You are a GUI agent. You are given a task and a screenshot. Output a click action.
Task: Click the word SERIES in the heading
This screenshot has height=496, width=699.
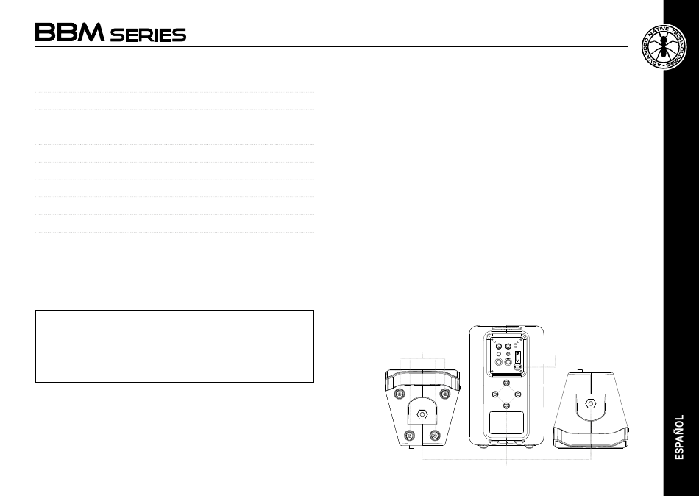(x=148, y=35)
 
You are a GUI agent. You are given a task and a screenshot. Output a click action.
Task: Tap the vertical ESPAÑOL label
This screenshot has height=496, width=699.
(x=681, y=437)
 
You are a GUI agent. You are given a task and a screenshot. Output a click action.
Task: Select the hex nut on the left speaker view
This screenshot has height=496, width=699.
(x=422, y=414)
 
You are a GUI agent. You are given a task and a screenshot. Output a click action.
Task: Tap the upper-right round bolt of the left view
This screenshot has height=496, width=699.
(x=444, y=394)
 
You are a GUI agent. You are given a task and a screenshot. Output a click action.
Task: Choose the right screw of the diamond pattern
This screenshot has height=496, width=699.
(x=519, y=394)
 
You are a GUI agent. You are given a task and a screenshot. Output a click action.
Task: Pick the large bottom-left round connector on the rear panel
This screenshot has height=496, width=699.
(x=499, y=361)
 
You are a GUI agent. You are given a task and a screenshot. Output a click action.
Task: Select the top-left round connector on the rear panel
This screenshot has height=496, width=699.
(x=499, y=347)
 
